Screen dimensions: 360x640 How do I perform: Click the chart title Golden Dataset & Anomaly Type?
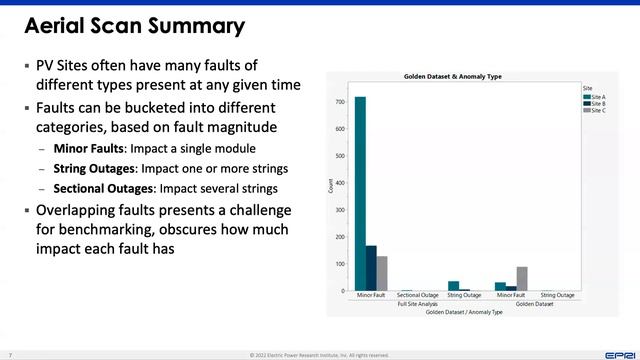click(461, 77)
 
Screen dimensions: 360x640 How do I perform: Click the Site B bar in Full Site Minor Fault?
click(371, 268)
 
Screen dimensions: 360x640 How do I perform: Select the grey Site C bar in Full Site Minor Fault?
click(382, 273)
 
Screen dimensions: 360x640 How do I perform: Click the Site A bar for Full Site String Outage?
click(453, 286)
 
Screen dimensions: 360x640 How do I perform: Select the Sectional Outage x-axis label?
click(418, 296)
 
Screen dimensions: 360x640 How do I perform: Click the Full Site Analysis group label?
click(417, 304)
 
